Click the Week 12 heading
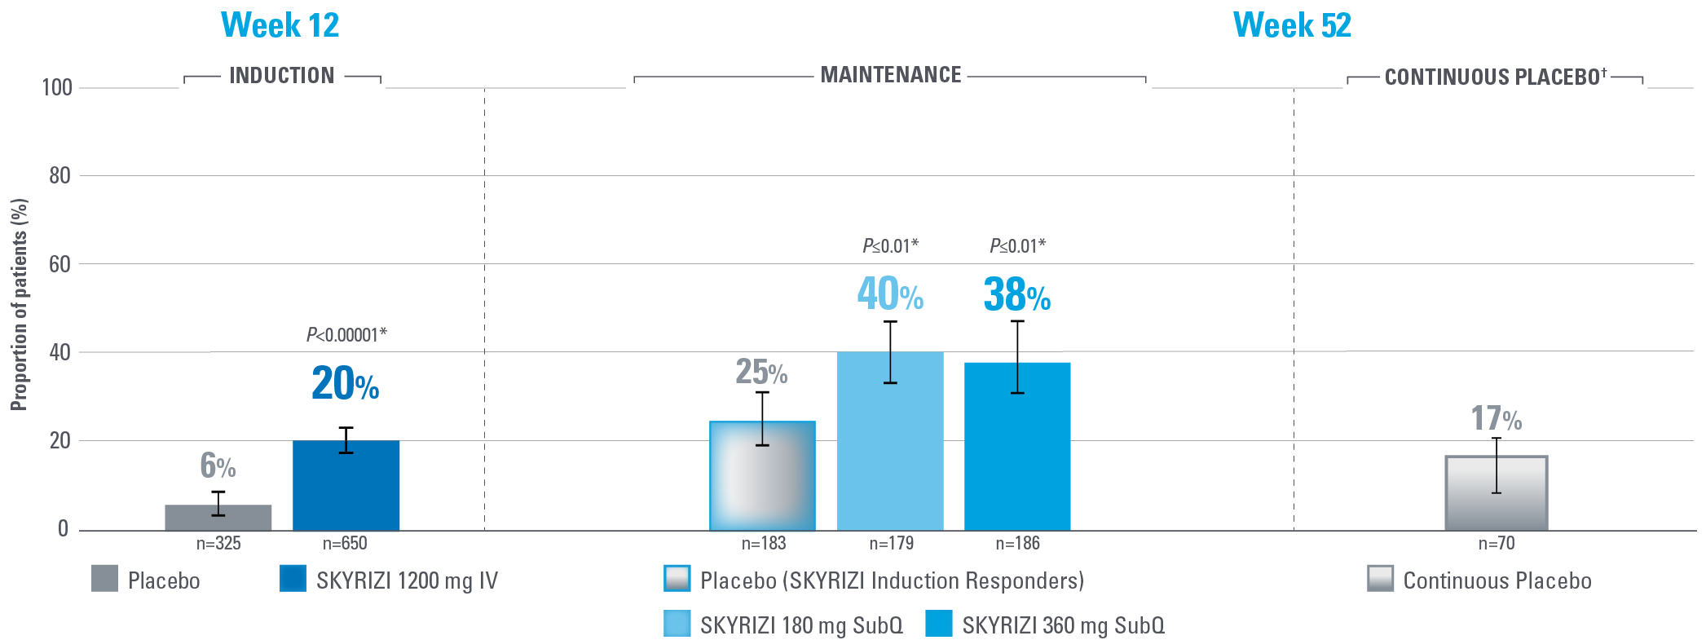(280, 25)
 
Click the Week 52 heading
(1292, 25)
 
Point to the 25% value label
(761, 372)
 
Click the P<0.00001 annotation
(346, 335)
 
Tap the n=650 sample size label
(345, 544)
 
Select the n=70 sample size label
(1497, 544)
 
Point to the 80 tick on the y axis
(60, 175)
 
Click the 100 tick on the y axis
(57, 87)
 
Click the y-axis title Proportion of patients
(19, 304)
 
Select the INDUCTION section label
(282, 76)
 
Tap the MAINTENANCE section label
(891, 75)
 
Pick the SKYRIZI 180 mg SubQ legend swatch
(677, 624)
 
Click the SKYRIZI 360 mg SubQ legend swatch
(939, 624)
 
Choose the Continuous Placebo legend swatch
(1380, 579)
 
